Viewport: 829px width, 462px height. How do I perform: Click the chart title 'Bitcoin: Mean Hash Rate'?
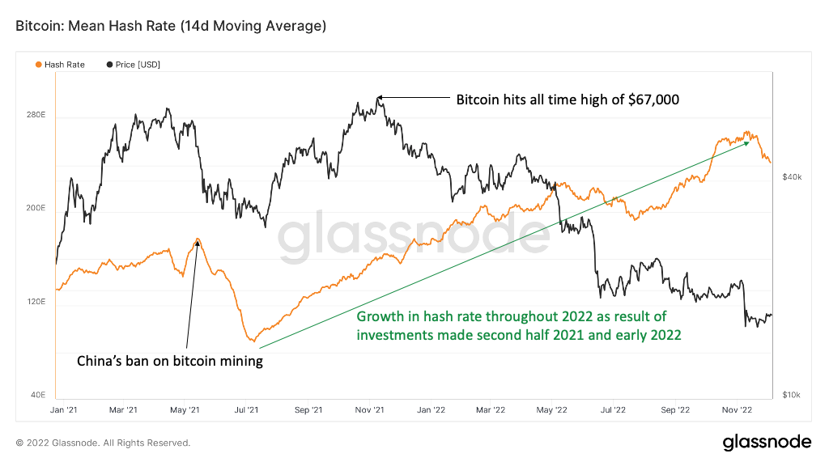click(x=171, y=27)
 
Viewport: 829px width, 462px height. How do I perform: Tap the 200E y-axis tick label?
click(x=36, y=209)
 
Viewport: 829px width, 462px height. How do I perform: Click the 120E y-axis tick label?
click(x=36, y=302)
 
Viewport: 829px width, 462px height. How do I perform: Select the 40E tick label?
click(x=37, y=395)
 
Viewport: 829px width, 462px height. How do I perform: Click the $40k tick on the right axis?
click(x=792, y=176)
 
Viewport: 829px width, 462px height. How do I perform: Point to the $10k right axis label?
click(x=792, y=395)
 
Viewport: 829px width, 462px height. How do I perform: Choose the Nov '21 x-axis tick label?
click(x=369, y=410)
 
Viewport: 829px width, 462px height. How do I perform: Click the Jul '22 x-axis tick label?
click(x=613, y=410)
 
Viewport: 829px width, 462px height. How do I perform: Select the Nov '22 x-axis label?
click(x=736, y=410)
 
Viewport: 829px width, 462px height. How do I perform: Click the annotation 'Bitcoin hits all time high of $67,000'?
click(x=567, y=100)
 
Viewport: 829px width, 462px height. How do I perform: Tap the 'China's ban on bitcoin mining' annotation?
click(x=169, y=361)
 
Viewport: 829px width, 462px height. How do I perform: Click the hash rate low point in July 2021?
click(x=253, y=341)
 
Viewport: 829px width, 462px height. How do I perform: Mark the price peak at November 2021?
click(x=378, y=97)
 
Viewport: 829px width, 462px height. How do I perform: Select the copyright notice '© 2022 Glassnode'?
click(x=103, y=443)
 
